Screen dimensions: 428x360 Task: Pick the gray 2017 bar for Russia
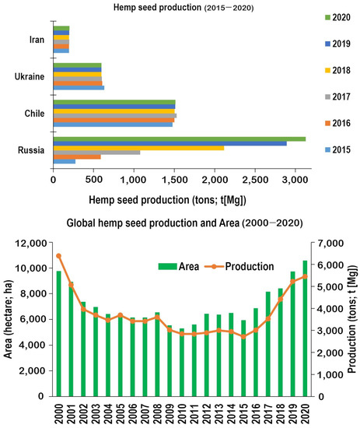point(96,152)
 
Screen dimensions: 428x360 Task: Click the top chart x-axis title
point(167,200)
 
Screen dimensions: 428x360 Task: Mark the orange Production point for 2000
point(58,256)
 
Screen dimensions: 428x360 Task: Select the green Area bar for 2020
point(305,328)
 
